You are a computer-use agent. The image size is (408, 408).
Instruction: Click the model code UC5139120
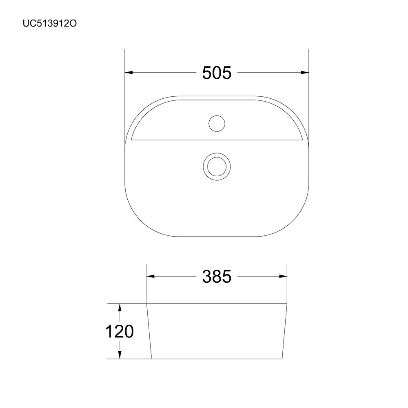click(x=50, y=24)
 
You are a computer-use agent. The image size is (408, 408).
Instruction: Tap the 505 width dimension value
click(x=217, y=73)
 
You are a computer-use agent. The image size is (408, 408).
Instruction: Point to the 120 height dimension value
click(x=120, y=331)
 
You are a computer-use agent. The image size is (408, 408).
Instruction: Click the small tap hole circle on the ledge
click(x=217, y=123)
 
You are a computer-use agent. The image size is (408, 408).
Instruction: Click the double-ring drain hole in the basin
click(x=217, y=166)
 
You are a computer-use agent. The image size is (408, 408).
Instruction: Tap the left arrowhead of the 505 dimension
click(x=129, y=73)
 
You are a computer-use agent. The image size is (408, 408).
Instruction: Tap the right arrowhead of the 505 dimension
click(x=305, y=73)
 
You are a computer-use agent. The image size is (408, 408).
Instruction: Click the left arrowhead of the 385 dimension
click(x=151, y=276)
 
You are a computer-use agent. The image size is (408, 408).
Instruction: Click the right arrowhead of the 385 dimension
click(x=283, y=276)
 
